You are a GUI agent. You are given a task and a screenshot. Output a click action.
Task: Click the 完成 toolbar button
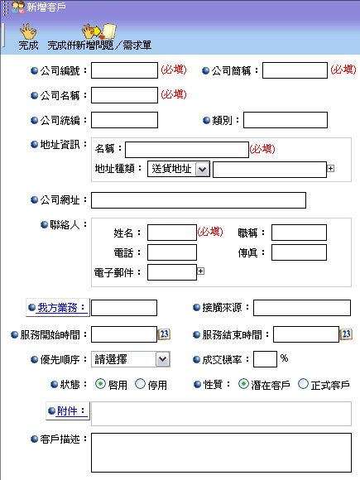(x=28, y=37)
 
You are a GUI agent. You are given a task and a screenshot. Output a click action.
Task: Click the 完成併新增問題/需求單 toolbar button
(x=99, y=37)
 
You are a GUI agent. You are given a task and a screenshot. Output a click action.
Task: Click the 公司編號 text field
(x=124, y=70)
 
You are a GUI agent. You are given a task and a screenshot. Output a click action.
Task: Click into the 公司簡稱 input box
(x=295, y=70)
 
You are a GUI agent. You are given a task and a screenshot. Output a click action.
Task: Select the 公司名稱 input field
(x=124, y=95)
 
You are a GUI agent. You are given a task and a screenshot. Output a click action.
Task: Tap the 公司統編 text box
(x=124, y=120)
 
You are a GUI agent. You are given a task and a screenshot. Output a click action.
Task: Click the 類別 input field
(x=286, y=120)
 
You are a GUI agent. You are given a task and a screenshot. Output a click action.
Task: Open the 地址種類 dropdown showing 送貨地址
(x=179, y=169)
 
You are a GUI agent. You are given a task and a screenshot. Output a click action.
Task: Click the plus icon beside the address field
(x=330, y=168)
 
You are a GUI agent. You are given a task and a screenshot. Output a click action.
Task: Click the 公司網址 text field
(x=199, y=200)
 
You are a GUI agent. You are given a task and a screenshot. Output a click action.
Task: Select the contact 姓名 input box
(x=172, y=233)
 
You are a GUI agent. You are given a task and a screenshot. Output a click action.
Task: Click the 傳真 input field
(x=299, y=252)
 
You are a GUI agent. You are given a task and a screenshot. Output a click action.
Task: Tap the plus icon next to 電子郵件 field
(x=200, y=271)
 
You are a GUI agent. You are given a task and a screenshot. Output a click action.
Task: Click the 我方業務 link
(x=61, y=307)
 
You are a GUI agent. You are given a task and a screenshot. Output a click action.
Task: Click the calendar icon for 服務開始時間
(x=164, y=334)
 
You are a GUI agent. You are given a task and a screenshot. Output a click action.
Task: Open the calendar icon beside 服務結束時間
(x=346, y=334)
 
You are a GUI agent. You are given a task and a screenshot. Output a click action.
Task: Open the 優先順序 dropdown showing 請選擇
(x=131, y=359)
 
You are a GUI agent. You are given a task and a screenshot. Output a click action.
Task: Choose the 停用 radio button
(x=140, y=384)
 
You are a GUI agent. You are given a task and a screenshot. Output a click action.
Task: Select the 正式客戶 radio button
(x=303, y=384)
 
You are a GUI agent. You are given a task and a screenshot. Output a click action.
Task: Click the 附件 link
(x=70, y=410)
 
